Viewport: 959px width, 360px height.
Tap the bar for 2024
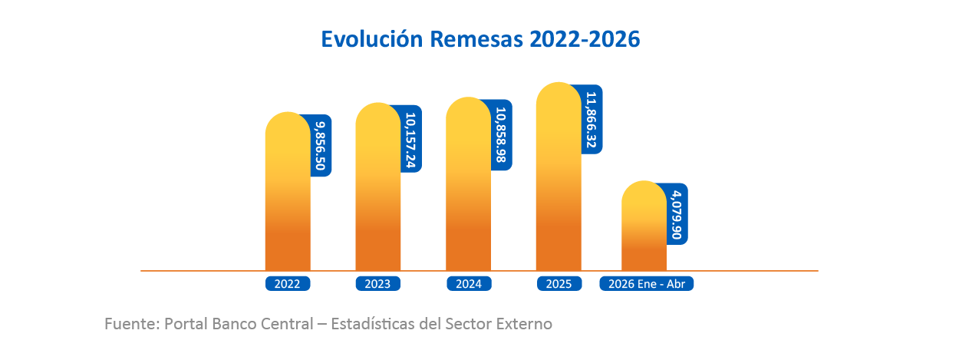468,184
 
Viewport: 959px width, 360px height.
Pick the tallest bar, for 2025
559,176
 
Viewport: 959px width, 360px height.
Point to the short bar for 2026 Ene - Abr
644,226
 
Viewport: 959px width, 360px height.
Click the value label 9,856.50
321,146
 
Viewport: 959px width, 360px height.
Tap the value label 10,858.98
501,134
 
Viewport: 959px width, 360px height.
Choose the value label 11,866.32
592,120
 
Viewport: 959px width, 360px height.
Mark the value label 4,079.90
677,214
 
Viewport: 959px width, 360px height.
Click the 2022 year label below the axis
287,284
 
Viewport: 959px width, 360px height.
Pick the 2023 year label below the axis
378,284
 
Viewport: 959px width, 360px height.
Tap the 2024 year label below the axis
469,284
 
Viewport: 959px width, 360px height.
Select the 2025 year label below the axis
559,284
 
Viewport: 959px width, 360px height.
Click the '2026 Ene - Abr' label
647,284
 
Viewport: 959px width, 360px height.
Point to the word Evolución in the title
372,39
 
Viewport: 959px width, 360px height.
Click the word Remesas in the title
476,39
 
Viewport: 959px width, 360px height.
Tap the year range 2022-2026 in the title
585,39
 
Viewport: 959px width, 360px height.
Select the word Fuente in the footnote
132,324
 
